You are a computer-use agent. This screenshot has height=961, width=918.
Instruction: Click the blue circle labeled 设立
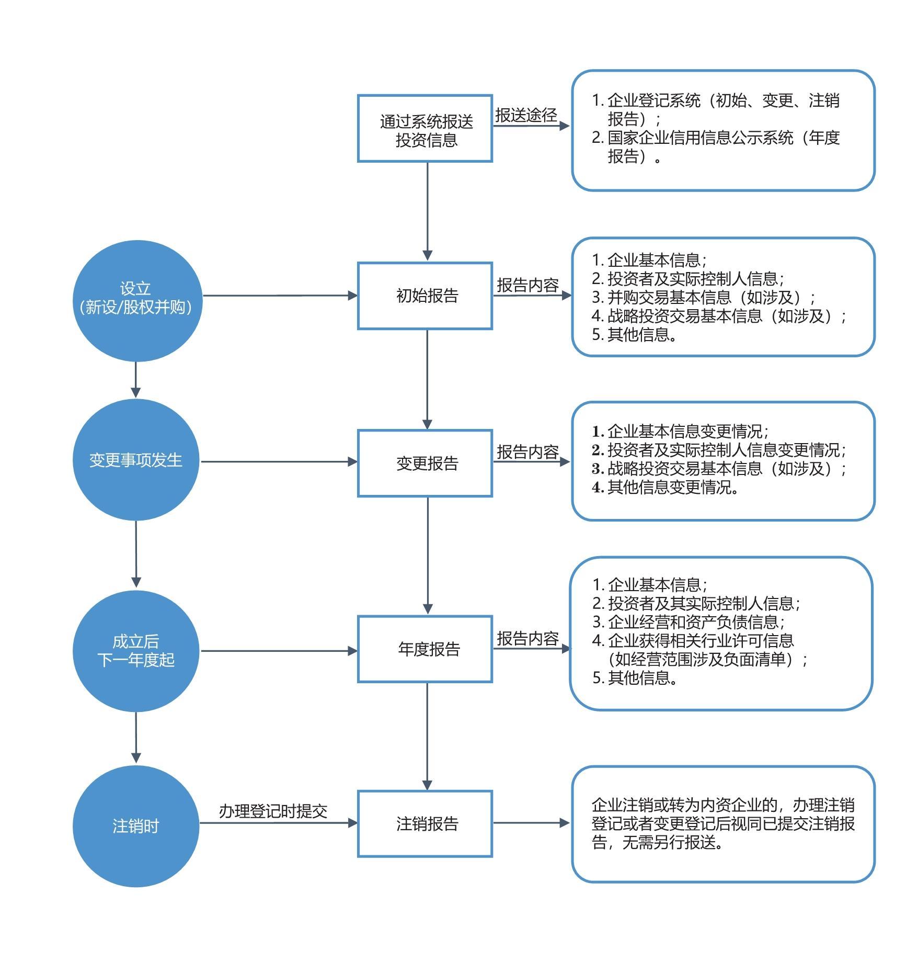pos(137,301)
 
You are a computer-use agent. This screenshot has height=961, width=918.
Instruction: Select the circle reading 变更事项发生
pos(136,460)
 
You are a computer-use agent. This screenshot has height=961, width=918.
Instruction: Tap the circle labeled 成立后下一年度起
pos(136,651)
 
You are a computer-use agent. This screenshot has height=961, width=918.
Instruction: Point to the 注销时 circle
pos(136,826)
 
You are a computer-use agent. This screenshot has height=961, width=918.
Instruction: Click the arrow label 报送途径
pos(526,115)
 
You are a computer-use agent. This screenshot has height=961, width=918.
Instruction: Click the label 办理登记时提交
pos(273,811)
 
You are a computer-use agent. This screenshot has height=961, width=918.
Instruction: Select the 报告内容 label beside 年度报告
pos(528,638)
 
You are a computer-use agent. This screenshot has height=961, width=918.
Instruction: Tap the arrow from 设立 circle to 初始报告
pos(280,296)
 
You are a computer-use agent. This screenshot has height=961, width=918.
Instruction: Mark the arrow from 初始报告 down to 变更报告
pos(427,380)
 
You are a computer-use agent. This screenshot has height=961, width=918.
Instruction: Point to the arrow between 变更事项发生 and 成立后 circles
pos(136,554)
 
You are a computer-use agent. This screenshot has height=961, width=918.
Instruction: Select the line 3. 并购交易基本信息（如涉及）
pos(704,297)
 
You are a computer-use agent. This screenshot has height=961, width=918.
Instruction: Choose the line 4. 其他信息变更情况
pos(665,487)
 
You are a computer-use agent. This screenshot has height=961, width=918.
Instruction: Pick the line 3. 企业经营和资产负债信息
pos(688,622)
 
